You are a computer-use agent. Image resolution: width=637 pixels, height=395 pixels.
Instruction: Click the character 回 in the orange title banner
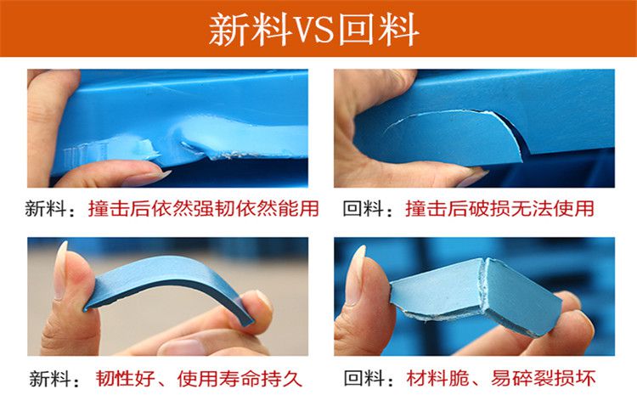click(357, 29)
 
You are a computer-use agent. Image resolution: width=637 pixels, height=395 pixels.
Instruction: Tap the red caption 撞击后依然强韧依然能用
click(204, 208)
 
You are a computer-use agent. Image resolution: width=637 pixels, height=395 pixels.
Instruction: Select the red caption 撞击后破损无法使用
click(499, 208)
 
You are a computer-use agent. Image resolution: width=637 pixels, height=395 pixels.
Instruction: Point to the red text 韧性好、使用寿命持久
click(199, 379)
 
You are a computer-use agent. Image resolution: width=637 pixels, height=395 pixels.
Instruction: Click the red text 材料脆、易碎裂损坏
click(501, 378)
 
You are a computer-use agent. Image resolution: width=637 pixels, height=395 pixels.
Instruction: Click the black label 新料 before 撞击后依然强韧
click(46, 209)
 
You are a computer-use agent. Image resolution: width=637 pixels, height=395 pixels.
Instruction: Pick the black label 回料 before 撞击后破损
click(364, 209)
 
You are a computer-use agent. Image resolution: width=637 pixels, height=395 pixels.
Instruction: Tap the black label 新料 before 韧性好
click(50, 379)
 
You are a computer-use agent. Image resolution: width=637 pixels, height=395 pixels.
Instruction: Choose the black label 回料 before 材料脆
click(364, 378)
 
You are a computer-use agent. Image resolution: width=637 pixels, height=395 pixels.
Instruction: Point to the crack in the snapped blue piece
click(483, 285)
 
